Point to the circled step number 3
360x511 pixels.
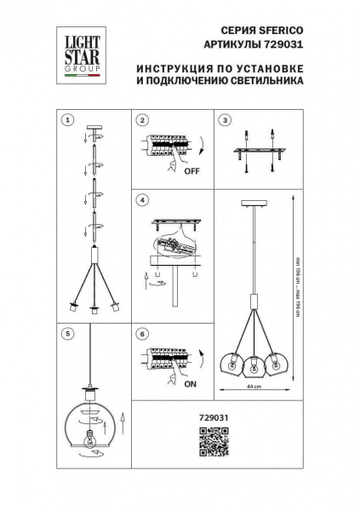225,120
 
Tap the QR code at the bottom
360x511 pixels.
215,444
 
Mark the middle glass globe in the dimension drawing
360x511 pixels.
252,365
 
